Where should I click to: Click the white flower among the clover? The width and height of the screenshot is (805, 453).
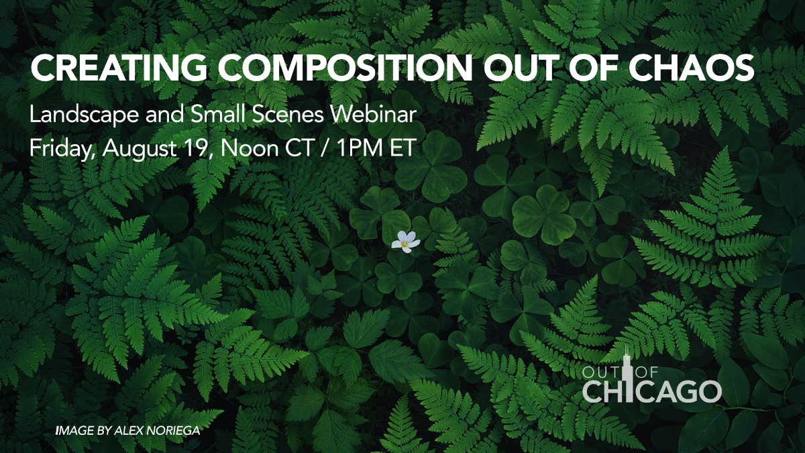click(x=405, y=242)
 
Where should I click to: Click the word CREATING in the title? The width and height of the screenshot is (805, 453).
click(x=119, y=68)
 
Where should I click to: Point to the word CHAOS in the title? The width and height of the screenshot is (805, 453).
click(x=691, y=68)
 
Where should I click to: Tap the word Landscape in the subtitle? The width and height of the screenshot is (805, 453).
click(x=84, y=115)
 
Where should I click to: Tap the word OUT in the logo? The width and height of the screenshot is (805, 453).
click(x=601, y=373)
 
